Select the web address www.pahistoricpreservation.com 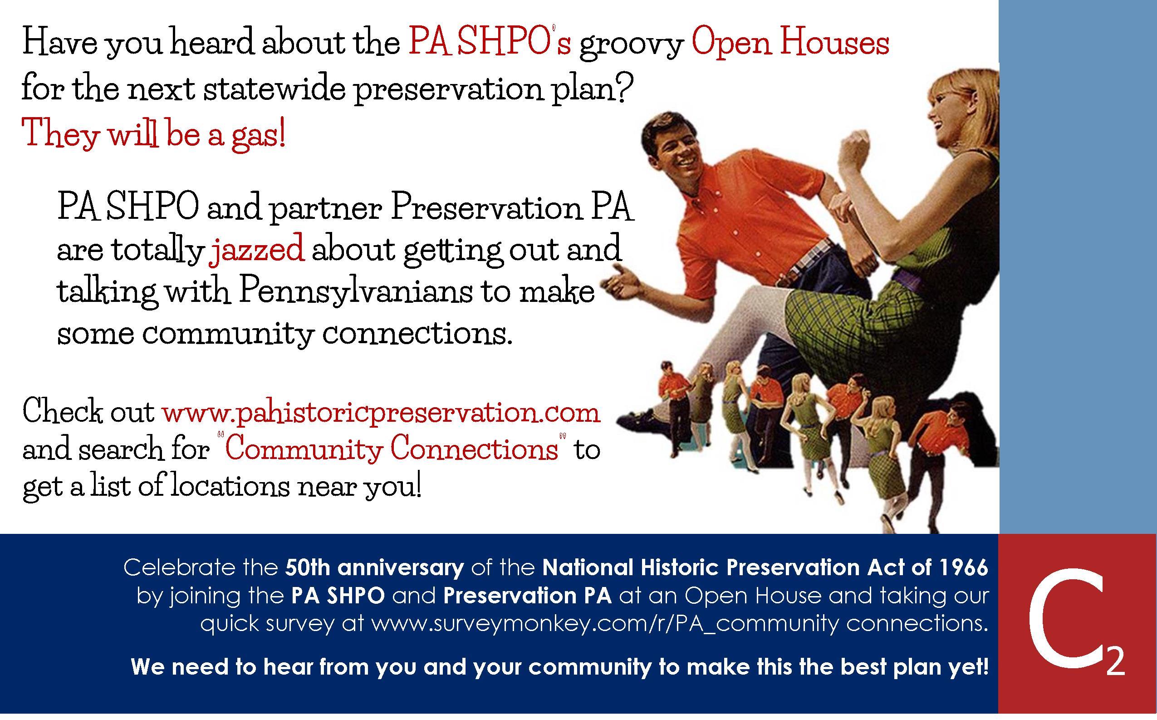pyautogui.click(x=381, y=412)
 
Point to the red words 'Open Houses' pyautogui.click(x=790, y=43)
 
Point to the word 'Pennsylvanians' pyautogui.click(x=356, y=291)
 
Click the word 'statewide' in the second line pyautogui.click(x=274, y=88)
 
